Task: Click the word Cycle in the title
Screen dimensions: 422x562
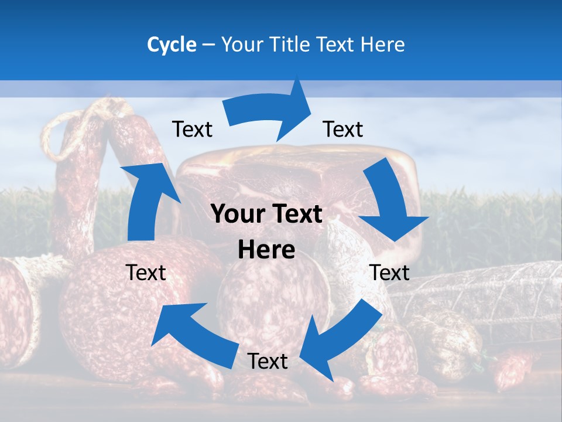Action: (172, 45)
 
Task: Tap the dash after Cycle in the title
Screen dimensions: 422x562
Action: (208, 45)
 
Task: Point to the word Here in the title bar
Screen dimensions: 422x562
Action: (383, 45)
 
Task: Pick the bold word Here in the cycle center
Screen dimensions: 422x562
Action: (266, 250)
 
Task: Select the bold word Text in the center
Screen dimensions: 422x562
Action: (297, 215)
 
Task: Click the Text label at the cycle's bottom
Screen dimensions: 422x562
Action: (268, 361)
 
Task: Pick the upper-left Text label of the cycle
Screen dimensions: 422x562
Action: (192, 129)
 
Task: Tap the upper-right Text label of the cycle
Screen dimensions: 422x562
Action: (343, 129)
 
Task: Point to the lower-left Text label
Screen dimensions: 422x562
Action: (146, 273)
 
